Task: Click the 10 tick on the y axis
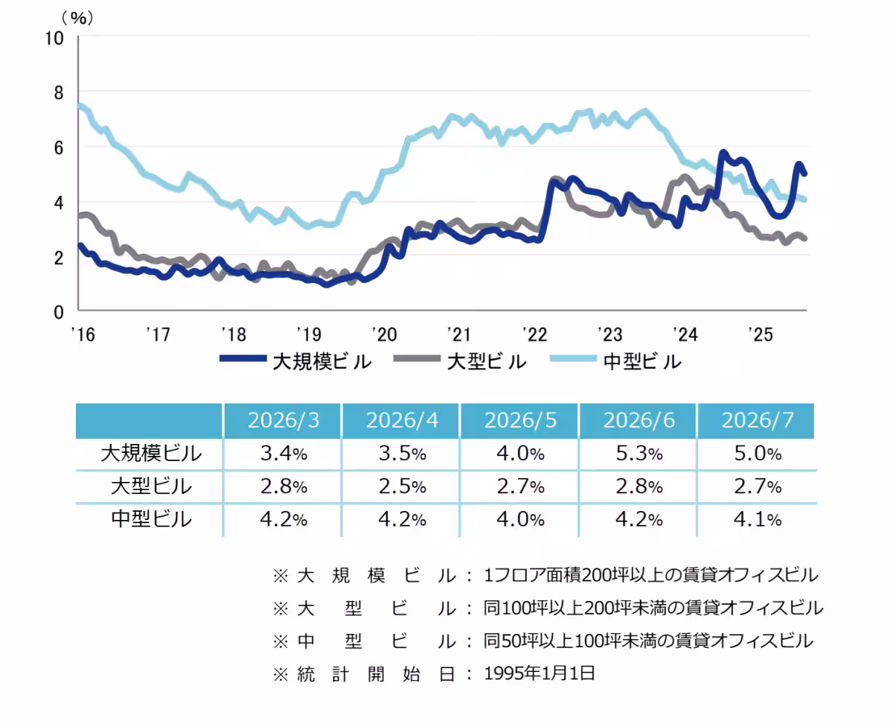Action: (x=54, y=39)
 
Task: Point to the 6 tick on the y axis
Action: (x=59, y=148)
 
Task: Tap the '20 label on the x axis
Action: (x=384, y=334)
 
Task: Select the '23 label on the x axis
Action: (x=610, y=334)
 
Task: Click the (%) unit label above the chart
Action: (x=77, y=18)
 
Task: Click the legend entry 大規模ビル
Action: (x=296, y=361)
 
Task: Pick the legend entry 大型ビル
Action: (x=460, y=361)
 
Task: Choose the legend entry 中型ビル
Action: (x=616, y=361)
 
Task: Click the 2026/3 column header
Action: (x=284, y=420)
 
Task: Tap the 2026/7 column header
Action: (x=757, y=420)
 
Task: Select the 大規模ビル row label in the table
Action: (x=151, y=454)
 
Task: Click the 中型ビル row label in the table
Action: (x=151, y=519)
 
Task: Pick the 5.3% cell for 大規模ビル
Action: (x=639, y=454)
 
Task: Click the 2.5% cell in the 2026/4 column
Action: (x=402, y=486)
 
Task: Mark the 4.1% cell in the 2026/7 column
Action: (x=757, y=519)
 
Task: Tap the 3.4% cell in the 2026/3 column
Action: (x=284, y=454)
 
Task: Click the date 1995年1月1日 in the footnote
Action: (x=540, y=673)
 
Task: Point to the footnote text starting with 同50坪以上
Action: (x=648, y=641)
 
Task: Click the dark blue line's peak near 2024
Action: (x=723, y=152)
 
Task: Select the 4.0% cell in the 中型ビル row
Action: (x=520, y=519)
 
